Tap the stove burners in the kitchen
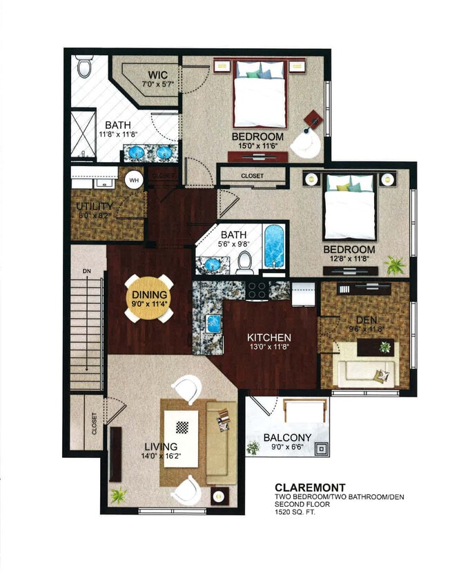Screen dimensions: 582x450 click(258, 289)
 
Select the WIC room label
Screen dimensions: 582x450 click(158, 74)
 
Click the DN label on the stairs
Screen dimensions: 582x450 click(86, 271)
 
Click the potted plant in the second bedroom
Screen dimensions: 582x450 click(396, 265)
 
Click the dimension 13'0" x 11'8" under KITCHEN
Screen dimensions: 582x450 click(270, 349)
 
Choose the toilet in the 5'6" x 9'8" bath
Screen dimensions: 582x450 click(244, 261)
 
